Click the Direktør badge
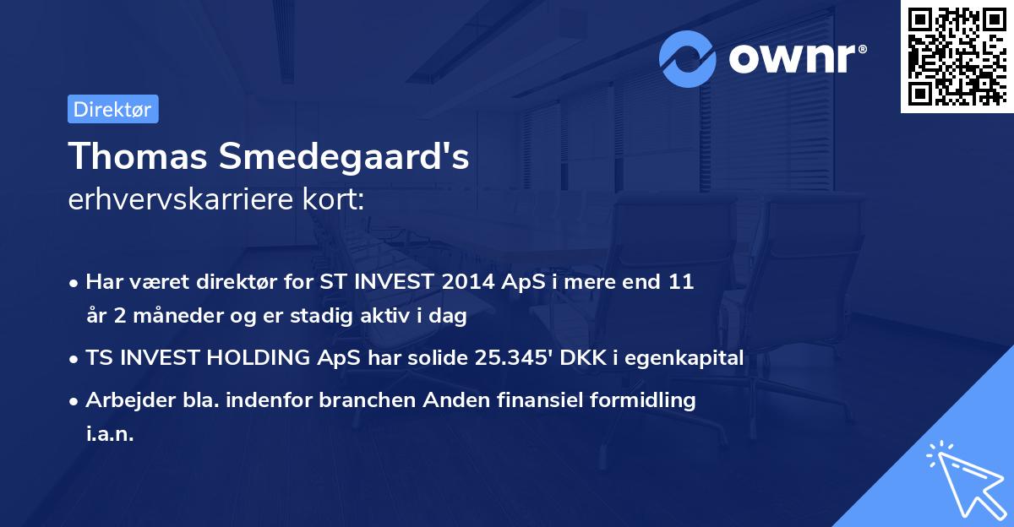(112, 109)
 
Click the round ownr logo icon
(689, 58)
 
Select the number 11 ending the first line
(682, 282)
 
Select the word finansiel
(555, 400)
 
